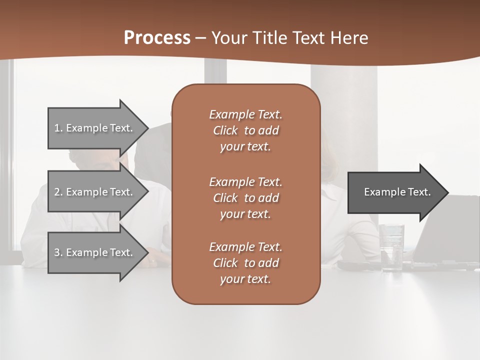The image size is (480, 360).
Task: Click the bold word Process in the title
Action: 157,38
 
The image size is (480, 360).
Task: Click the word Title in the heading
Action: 269,38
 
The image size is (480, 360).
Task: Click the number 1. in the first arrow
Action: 58,128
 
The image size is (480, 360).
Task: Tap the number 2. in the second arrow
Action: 58,192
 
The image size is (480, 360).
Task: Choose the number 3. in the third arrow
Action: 58,252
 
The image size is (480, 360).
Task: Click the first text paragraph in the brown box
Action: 245,130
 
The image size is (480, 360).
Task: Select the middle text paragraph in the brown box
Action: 245,198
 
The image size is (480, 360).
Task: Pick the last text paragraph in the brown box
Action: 245,263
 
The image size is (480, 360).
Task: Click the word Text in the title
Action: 310,38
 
